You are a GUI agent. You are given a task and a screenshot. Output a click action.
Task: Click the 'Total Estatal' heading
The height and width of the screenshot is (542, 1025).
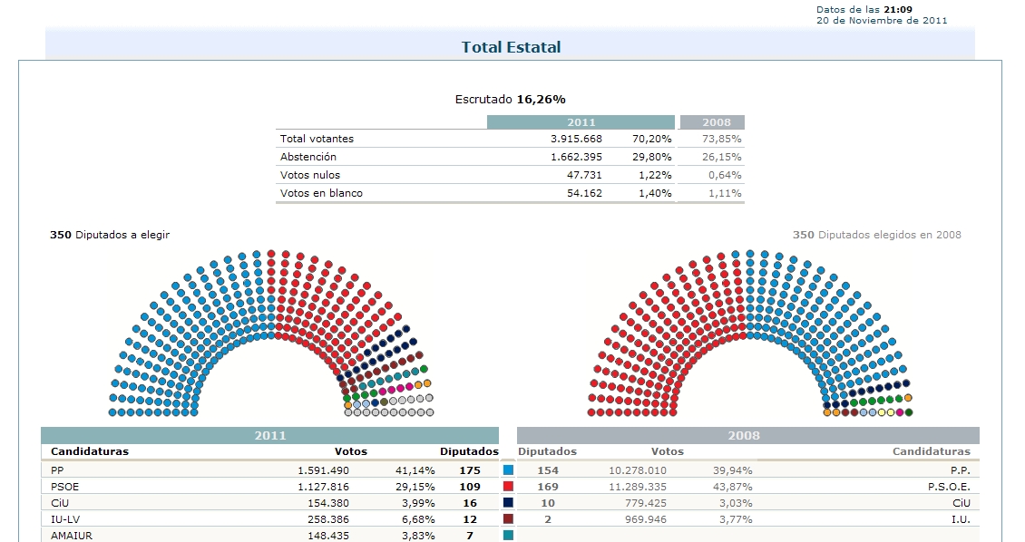511,47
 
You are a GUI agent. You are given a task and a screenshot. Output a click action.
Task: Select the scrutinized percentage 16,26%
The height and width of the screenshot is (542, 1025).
541,99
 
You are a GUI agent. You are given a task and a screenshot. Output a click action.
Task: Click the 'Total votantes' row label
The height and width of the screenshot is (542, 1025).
317,139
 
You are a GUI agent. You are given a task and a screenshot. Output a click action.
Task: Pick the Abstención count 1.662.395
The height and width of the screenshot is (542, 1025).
576,157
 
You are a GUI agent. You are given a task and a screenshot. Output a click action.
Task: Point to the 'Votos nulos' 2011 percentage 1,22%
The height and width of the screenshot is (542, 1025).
653,175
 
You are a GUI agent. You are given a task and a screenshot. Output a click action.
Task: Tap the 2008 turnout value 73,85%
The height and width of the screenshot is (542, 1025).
722,139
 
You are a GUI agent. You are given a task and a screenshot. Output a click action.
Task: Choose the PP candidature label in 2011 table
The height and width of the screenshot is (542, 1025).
57,470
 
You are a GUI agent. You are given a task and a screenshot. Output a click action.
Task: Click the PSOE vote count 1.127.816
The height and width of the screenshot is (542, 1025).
323,487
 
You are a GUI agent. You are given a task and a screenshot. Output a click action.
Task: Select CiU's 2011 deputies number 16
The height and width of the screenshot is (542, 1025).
470,503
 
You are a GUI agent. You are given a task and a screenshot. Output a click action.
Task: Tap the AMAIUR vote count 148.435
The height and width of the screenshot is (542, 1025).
323,536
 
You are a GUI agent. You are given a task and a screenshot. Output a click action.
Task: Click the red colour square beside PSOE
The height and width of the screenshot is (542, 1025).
508,487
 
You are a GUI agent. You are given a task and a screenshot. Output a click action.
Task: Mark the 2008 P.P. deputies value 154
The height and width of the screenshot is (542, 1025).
548,470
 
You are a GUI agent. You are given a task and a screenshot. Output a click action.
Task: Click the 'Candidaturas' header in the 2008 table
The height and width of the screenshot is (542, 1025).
931,451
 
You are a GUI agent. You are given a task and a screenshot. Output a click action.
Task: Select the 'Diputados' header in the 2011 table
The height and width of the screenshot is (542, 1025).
469,451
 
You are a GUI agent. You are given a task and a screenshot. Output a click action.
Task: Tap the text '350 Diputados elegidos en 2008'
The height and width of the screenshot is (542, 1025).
876,235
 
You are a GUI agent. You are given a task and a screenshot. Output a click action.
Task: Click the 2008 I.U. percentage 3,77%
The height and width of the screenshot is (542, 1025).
735,519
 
